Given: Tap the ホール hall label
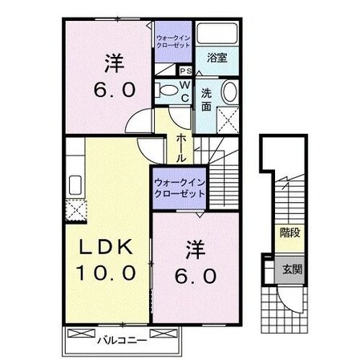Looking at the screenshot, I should pos(181,148).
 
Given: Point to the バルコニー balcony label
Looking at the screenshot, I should pos(121,339).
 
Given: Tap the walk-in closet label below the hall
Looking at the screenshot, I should pos(180,187).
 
